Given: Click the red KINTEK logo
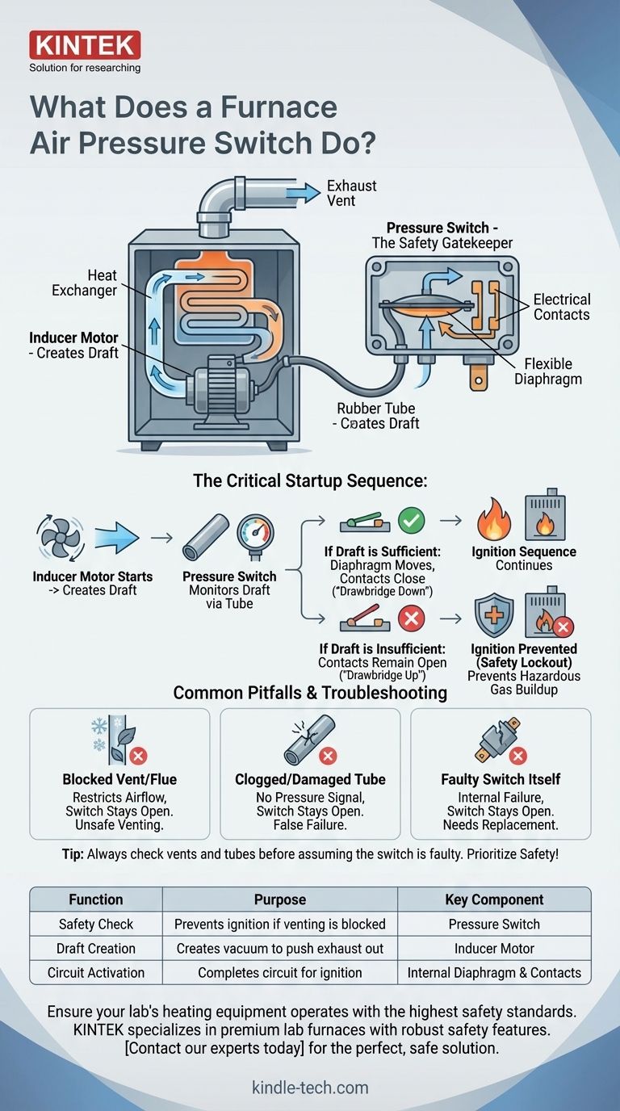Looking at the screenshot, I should pyautogui.click(x=85, y=44).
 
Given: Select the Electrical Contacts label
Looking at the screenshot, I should pyautogui.click(x=562, y=306).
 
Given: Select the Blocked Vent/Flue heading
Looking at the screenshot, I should pyautogui.click(x=119, y=780).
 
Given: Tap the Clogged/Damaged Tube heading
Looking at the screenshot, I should pyautogui.click(x=310, y=780).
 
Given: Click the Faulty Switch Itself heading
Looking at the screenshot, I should pyautogui.click(x=501, y=780).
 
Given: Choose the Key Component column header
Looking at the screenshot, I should pyautogui.click(x=494, y=899).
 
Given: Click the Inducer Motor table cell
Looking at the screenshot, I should pyautogui.click(x=494, y=948).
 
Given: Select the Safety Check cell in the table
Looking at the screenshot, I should pyautogui.click(x=96, y=924).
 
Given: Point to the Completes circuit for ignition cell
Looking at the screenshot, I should pyautogui.click(x=279, y=972).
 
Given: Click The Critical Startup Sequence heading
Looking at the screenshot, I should pyautogui.click(x=310, y=481).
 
